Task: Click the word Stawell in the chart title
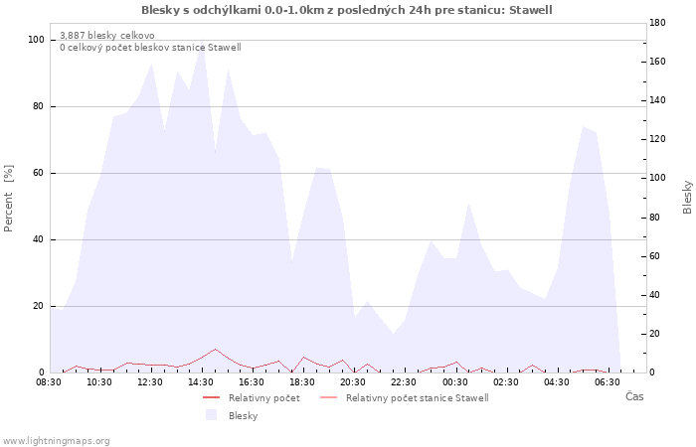click(x=530, y=10)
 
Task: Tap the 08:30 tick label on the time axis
click(x=49, y=382)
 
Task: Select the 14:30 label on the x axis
click(x=201, y=382)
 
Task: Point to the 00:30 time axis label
click(x=455, y=382)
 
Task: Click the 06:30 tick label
click(x=608, y=382)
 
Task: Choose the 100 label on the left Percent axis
click(x=36, y=40)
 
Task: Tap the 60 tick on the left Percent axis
click(x=38, y=173)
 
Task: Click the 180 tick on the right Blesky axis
click(x=657, y=23)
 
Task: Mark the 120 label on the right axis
click(x=657, y=139)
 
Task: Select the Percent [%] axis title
click(x=8, y=199)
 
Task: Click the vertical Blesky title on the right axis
click(x=687, y=197)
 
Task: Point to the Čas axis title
click(x=634, y=396)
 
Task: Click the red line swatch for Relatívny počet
click(x=211, y=397)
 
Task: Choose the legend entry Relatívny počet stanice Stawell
click(x=418, y=398)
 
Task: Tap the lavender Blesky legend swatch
click(x=211, y=415)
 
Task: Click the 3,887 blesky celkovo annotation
click(x=107, y=36)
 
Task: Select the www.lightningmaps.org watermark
click(x=55, y=441)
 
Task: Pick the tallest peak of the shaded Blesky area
click(x=203, y=40)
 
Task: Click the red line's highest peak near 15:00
click(x=216, y=349)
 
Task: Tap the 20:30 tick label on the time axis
click(x=353, y=382)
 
